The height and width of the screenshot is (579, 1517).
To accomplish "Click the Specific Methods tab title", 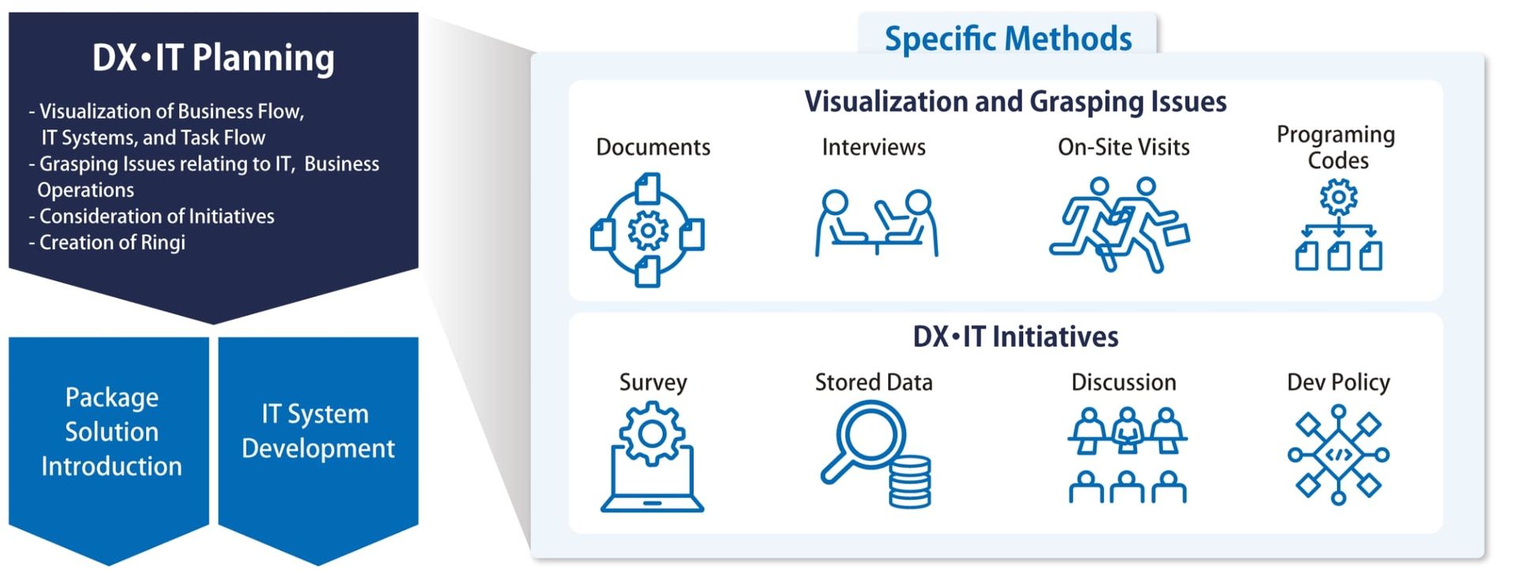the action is point(1007,38).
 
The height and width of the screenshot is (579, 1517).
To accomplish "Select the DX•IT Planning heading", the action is point(213,58).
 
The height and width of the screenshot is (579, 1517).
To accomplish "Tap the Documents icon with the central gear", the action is point(648,230).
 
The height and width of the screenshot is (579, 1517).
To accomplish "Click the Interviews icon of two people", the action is point(876,223).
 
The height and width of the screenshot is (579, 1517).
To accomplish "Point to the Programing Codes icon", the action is point(1338,225).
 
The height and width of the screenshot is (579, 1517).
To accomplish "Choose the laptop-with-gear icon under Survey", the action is point(652,457).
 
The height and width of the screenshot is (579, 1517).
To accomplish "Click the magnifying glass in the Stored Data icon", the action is point(861,438).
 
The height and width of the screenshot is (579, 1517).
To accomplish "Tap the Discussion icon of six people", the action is point(1127,455).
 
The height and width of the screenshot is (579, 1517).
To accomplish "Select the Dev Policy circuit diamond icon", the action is point(1338,454).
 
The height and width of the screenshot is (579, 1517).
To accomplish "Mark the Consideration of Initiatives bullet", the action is point(152,216).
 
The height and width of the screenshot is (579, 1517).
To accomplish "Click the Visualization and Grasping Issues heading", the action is point(1015,102).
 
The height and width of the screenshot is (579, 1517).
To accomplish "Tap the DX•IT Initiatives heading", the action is point(1015,336).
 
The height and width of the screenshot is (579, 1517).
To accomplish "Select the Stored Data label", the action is point(874,382).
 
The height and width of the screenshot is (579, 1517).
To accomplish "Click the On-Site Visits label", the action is point(1124,147).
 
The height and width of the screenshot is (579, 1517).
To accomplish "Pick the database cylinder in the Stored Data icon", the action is point(909,481).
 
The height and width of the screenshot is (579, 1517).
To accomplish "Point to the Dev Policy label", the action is point(1338,382).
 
